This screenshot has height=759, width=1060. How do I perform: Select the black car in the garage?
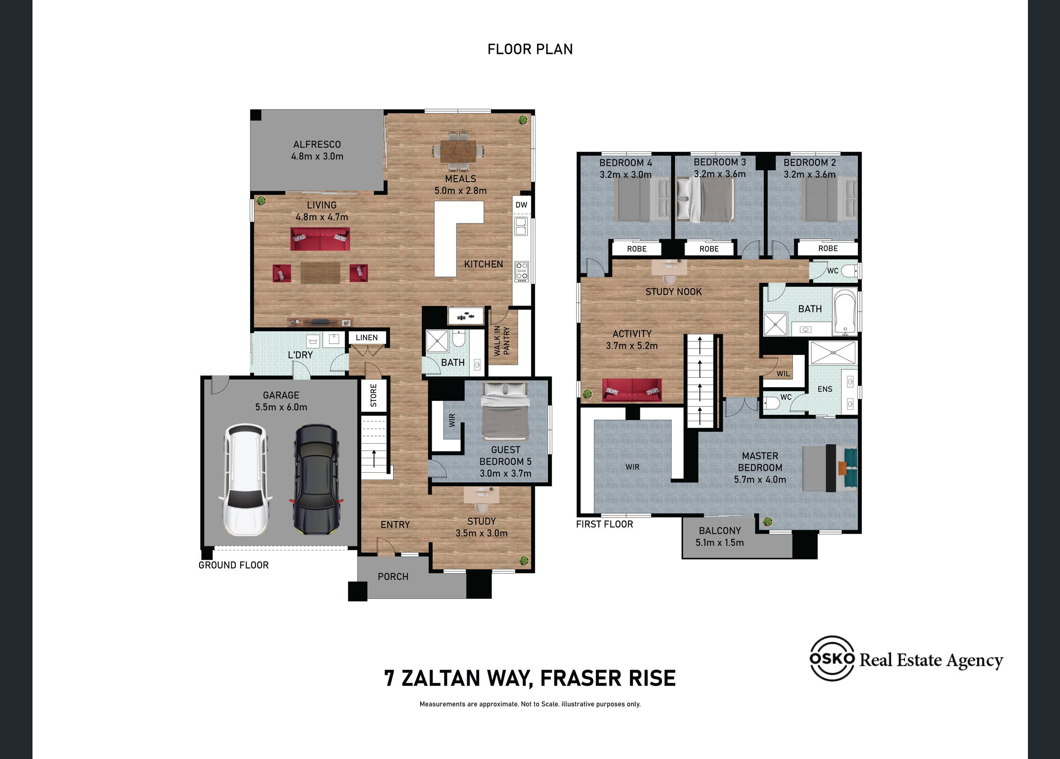(x=316, y=480)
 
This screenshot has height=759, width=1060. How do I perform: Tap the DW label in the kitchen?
(x=521, y=205)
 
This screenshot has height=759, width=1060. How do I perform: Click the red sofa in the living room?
(x=320, y=239)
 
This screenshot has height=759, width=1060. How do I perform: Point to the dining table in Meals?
(x=458, y=151)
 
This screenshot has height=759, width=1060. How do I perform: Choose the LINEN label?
(x=366, y=338)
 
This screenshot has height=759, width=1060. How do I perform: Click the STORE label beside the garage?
(x=374, y=395)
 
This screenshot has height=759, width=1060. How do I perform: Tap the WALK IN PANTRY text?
(x=502, y=341)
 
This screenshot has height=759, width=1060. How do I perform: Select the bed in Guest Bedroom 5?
(x=505, y=411)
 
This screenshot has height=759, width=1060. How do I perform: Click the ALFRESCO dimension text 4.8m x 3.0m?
(x=317, y=156)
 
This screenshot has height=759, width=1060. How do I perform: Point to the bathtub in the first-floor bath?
(x=845, y=312)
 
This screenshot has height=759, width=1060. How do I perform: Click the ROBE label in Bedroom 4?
(x=636, y=249)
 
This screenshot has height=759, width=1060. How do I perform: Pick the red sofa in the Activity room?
(x=632, y=390)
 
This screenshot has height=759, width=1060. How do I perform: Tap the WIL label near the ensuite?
(x=783, y=374)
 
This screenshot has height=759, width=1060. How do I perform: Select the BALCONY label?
(x=720, y=531)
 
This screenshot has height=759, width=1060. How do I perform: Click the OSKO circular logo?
(x=832, y=658)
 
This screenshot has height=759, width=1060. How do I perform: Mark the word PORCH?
(x=393, y=577)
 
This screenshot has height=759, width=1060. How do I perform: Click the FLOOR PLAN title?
(x=530, y=49)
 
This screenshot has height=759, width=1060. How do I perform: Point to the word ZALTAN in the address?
(x=440, y=678)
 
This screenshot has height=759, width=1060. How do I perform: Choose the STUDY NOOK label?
(x=674, y=291)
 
